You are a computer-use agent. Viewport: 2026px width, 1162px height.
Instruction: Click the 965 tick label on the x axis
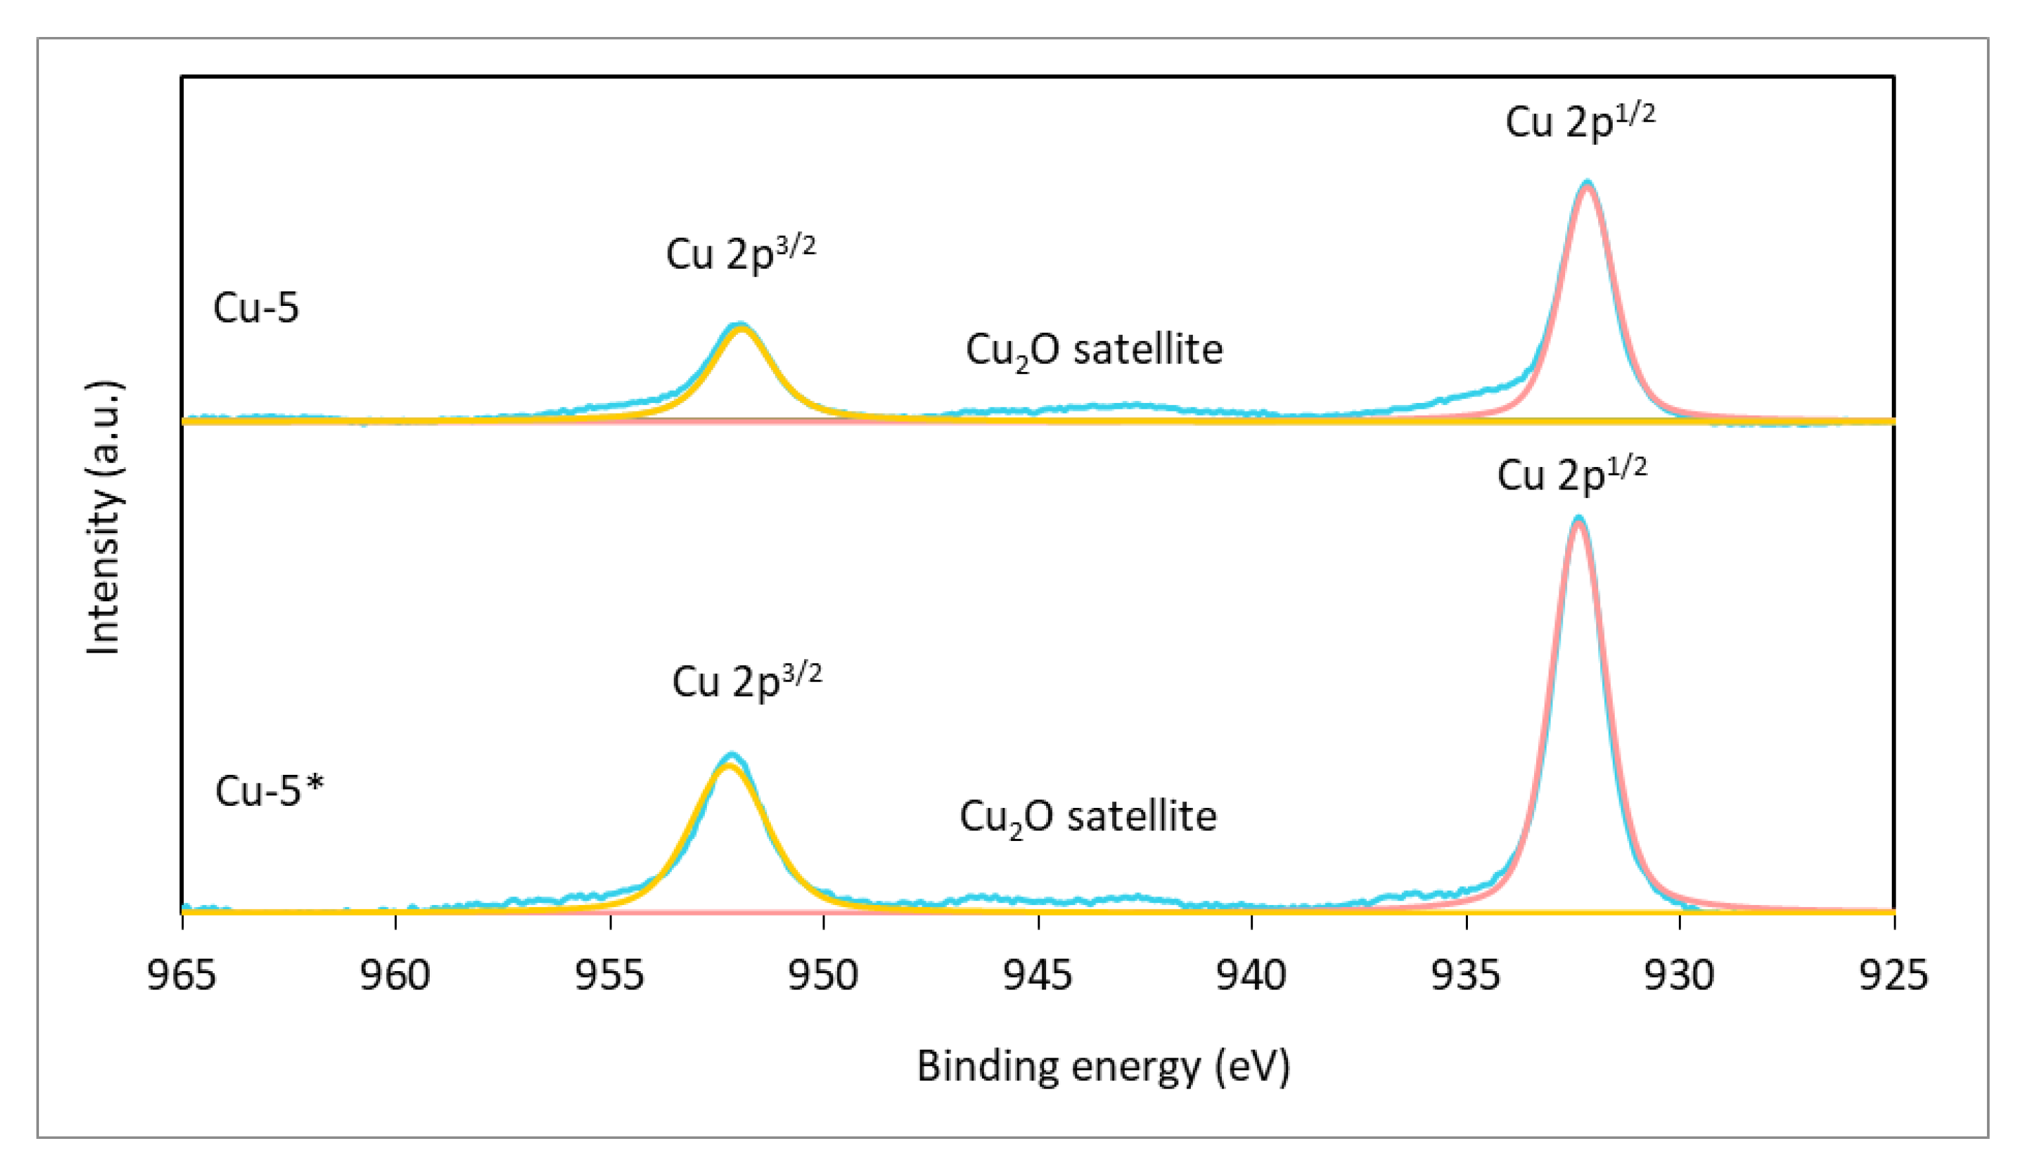181,975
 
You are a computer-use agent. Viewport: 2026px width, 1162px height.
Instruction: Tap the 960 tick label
395,975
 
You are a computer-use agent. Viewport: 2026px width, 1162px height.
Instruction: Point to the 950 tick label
823,975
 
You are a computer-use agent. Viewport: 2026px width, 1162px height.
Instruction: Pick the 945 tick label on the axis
1037,975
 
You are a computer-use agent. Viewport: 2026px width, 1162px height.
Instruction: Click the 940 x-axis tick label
1252,975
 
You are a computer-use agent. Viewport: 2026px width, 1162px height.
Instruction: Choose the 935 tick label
1465,975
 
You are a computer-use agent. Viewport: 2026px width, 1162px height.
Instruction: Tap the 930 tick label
1680,975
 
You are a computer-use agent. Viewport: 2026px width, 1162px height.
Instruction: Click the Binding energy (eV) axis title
1103,1066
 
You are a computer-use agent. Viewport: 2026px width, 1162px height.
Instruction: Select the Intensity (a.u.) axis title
104,519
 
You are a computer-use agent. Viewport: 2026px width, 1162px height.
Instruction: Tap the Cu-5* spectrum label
269,791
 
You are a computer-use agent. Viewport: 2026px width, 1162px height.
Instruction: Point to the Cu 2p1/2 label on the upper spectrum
1580,122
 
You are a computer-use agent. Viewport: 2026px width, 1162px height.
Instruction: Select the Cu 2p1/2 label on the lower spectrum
1571,475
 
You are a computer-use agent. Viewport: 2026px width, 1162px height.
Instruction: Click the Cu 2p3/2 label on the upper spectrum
741,254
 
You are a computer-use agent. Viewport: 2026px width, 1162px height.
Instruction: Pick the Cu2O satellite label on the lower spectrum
1088,818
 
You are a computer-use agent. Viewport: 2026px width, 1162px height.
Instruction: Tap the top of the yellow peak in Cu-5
742,328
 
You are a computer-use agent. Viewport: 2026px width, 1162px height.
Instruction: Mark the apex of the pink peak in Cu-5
1587,185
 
